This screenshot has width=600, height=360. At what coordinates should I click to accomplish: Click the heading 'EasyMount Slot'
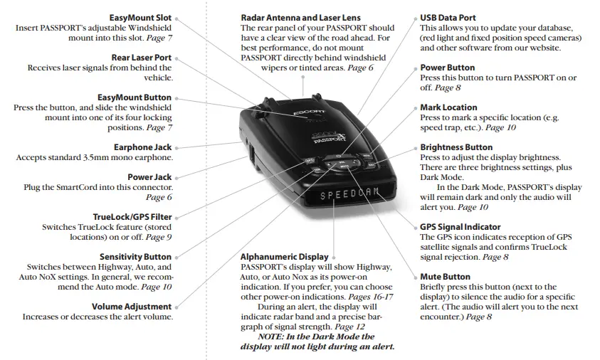point(140,17)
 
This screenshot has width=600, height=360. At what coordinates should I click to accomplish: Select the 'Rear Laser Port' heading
point(142,58)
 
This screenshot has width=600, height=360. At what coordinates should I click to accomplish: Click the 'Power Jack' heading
point(150,176)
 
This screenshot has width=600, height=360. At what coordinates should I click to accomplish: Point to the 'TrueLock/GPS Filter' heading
point(132,216)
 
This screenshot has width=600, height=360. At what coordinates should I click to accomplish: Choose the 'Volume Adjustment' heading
point(133,306)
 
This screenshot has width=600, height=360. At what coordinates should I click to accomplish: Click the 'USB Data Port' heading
point(448,17)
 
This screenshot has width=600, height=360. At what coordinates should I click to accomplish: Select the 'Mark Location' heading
point(448,107)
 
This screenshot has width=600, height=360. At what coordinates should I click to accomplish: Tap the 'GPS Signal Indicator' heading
point(460,227)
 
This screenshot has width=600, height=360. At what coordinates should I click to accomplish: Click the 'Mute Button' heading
point(445,277)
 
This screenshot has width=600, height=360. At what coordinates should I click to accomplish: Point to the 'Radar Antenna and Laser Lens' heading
point(300,17)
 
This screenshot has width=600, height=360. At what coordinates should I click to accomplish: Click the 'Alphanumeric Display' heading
point(285,257)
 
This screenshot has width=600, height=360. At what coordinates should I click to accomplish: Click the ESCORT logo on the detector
point(308,111)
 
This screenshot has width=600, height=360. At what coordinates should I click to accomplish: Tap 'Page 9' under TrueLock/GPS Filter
point(157,236)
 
